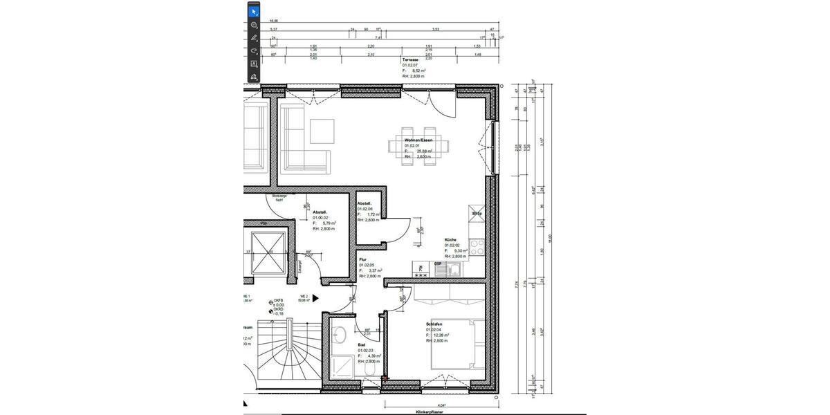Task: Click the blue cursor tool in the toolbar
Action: pyautogui.click(x=254, y=11)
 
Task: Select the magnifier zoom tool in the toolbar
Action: pyautogui.click(x=254, y=25)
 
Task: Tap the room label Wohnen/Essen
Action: pyautogui.click(x=418, y=140)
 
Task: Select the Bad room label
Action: pyautogui.click(x=362, y=344)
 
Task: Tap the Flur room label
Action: pyautogui.click(x=362, y=259)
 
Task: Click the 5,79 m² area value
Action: pyautogui.click(x=325, y=223)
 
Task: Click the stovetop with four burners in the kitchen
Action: pyautogui.click(x=477, y=247)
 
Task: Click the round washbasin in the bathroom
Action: pyautogui.click(x=340, y=335)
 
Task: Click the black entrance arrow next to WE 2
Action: pyautogui.click(x=316, y=298)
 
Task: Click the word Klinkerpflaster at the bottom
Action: pyautogui.click(x=429, y=411)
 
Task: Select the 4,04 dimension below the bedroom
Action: pyautogui.click(x=441, y=405)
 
